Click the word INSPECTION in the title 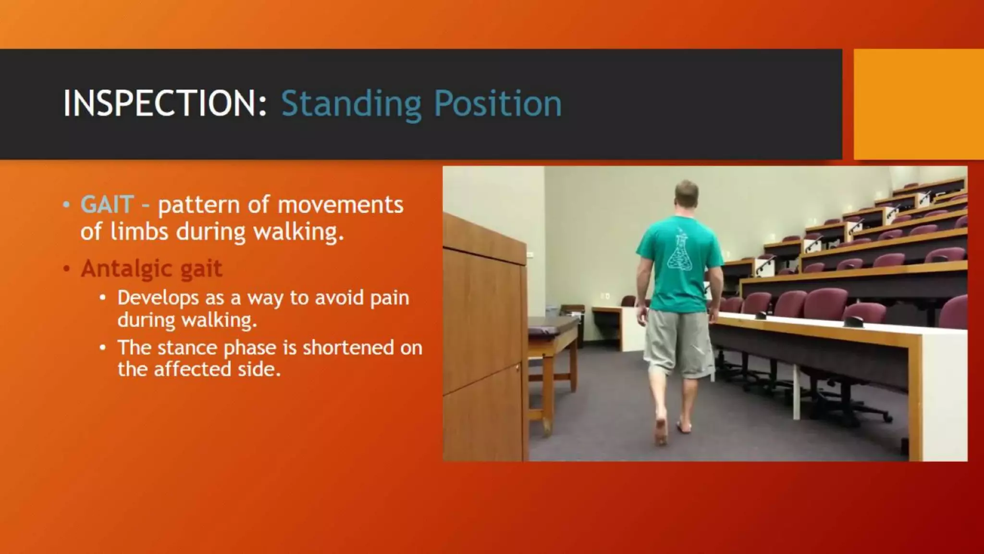[164, 103]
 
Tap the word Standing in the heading [351, 104]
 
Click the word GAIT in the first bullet [107, 204]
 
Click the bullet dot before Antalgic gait [67, 268]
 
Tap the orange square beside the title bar [918, 104]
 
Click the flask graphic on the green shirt [679, 253]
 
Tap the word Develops [158, 298]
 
